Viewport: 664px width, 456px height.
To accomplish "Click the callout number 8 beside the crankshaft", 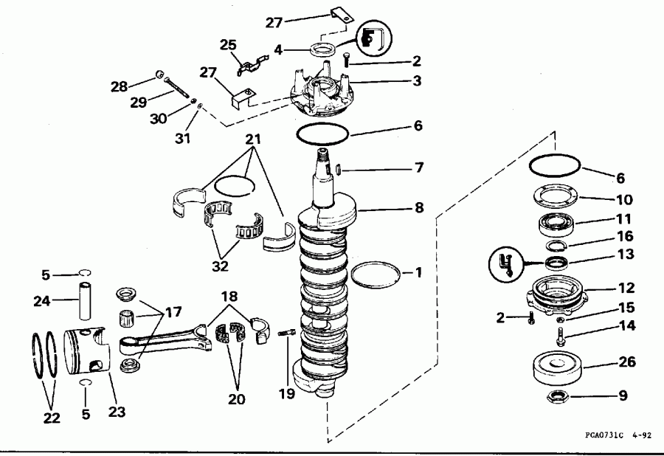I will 419,209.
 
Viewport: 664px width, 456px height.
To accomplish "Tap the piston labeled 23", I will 86,352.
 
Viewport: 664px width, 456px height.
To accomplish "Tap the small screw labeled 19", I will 286,334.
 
